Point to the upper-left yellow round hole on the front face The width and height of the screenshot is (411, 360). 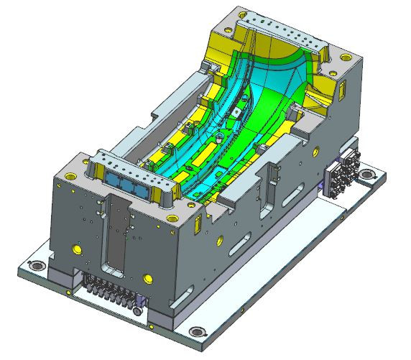click(75, 249)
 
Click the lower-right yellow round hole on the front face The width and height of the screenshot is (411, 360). click(148, 277)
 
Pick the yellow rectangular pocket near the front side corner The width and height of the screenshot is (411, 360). click(196, 224)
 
